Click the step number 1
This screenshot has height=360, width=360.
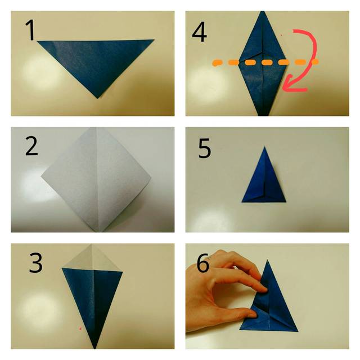click(x=30, y=30)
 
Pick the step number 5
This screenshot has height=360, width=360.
click(x=205, y=148)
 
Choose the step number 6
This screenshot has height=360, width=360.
click(x=203, y=263)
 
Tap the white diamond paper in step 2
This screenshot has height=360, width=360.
click(x=96, y=179)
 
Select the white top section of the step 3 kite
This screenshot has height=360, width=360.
click(x=92, y=258)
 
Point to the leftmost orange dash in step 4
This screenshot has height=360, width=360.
click(x=218, y=62)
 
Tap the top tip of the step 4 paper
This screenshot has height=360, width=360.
click(x=263, y=11)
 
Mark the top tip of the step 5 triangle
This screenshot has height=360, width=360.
click(x=264, y=146)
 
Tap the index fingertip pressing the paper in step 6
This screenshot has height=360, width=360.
click(x=264, y=290)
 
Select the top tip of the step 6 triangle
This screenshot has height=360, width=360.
click(x=268, y=260)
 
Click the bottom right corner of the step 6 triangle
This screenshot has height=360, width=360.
click(x=298, y=331)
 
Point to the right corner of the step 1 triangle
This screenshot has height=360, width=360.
click(x=154, y=40)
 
